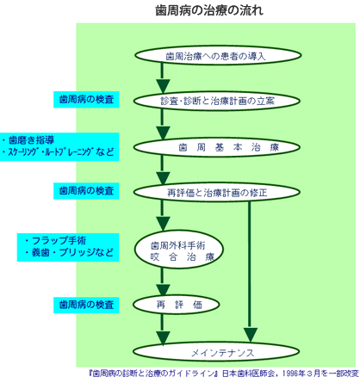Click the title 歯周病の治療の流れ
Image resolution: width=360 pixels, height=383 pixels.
[209, 10]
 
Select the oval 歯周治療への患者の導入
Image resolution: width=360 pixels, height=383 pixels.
[218, 55]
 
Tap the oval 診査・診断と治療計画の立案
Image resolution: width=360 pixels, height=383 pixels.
[217, 101]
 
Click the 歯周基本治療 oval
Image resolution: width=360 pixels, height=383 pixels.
[217, 147]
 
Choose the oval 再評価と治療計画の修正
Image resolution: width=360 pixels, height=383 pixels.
[217, 192]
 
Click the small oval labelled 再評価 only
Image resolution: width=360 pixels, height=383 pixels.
[177, 305]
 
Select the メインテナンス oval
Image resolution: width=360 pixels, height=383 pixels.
[216, 352]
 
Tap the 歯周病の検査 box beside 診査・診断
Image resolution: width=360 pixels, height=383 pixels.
[86, 99]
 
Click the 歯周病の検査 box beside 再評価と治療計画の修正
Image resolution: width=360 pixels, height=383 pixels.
[86, 191]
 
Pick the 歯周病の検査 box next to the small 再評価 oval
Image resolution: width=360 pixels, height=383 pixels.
[86, 305]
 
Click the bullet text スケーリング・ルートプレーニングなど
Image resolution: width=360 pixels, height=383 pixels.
[59, 151]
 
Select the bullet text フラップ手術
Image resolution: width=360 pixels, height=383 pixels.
[55, 240]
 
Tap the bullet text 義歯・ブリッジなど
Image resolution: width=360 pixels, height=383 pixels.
[69, 252]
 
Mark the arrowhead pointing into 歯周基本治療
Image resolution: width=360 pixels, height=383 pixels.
[163, 133]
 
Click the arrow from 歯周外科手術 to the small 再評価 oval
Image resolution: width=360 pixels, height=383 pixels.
[163, 282]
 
